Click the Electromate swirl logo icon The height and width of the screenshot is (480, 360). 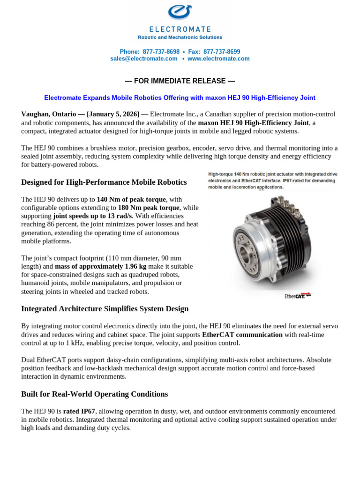tap(180, 11)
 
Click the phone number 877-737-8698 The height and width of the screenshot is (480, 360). tap(161, 52)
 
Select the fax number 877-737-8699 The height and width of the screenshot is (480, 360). tap(222, 52)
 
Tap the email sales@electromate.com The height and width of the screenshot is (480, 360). tap(144, 59)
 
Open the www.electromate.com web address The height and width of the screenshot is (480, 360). tap(218, 59)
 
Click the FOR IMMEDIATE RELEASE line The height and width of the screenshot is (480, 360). tap(180, 81)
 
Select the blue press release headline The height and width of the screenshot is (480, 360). tap(180, 97)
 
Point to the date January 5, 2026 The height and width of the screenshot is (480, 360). tap(113, 114)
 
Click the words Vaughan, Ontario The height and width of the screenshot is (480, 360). tap(48, 114)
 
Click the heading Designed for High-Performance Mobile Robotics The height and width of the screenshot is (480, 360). tap(104, 182)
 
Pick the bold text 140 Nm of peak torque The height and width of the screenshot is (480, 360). tap(131, 199)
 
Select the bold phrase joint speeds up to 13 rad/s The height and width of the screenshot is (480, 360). tap(93, 216)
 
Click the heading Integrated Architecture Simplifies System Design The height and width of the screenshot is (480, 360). tap(105, 308)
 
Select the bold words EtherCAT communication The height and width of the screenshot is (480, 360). tap(242, 335)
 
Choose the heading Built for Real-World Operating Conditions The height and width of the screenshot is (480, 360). tap(94, 394)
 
